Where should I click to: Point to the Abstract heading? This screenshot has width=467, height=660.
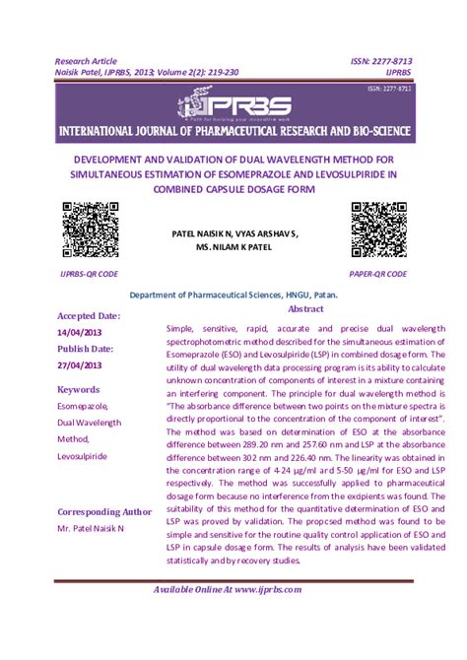pyautogui.click(x=306, y=308)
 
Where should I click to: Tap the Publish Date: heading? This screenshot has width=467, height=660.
pyautogui.click(x=86, y=349)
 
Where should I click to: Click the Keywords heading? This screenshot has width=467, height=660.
pyautogui.click(x=79, y=389)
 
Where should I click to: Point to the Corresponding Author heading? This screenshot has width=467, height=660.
pyautogui.click(x=104, y=511)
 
